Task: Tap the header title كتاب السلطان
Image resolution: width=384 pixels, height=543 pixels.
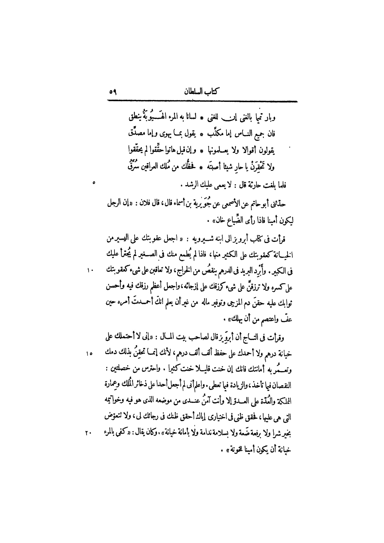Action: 202,92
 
